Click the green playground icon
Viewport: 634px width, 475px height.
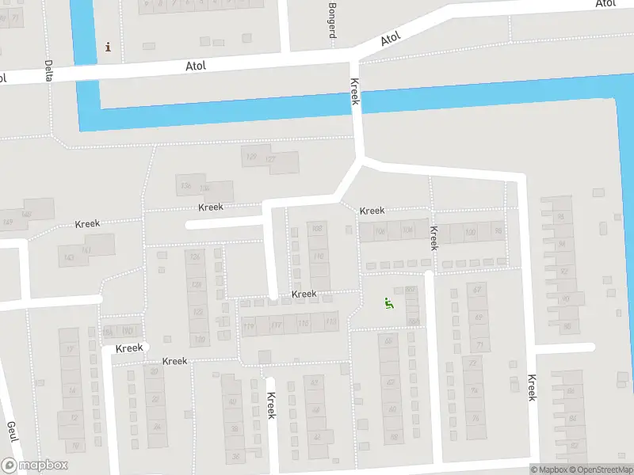tap(388, 302)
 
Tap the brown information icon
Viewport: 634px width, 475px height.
tap(108, 47)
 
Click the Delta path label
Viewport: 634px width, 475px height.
tap(49, 71)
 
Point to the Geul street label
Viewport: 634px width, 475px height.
tap(12, 432)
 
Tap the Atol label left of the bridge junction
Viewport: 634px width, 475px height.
tap(195, 66)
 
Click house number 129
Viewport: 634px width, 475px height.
tap(252, 157)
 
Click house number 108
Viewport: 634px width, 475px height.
tap(318, 229)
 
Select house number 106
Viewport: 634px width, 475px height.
tap(380, 231)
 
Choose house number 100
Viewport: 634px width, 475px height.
tap(470, 232)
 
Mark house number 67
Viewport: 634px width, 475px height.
tap(477, 290)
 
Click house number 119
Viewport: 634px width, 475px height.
tap(249, 325)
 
